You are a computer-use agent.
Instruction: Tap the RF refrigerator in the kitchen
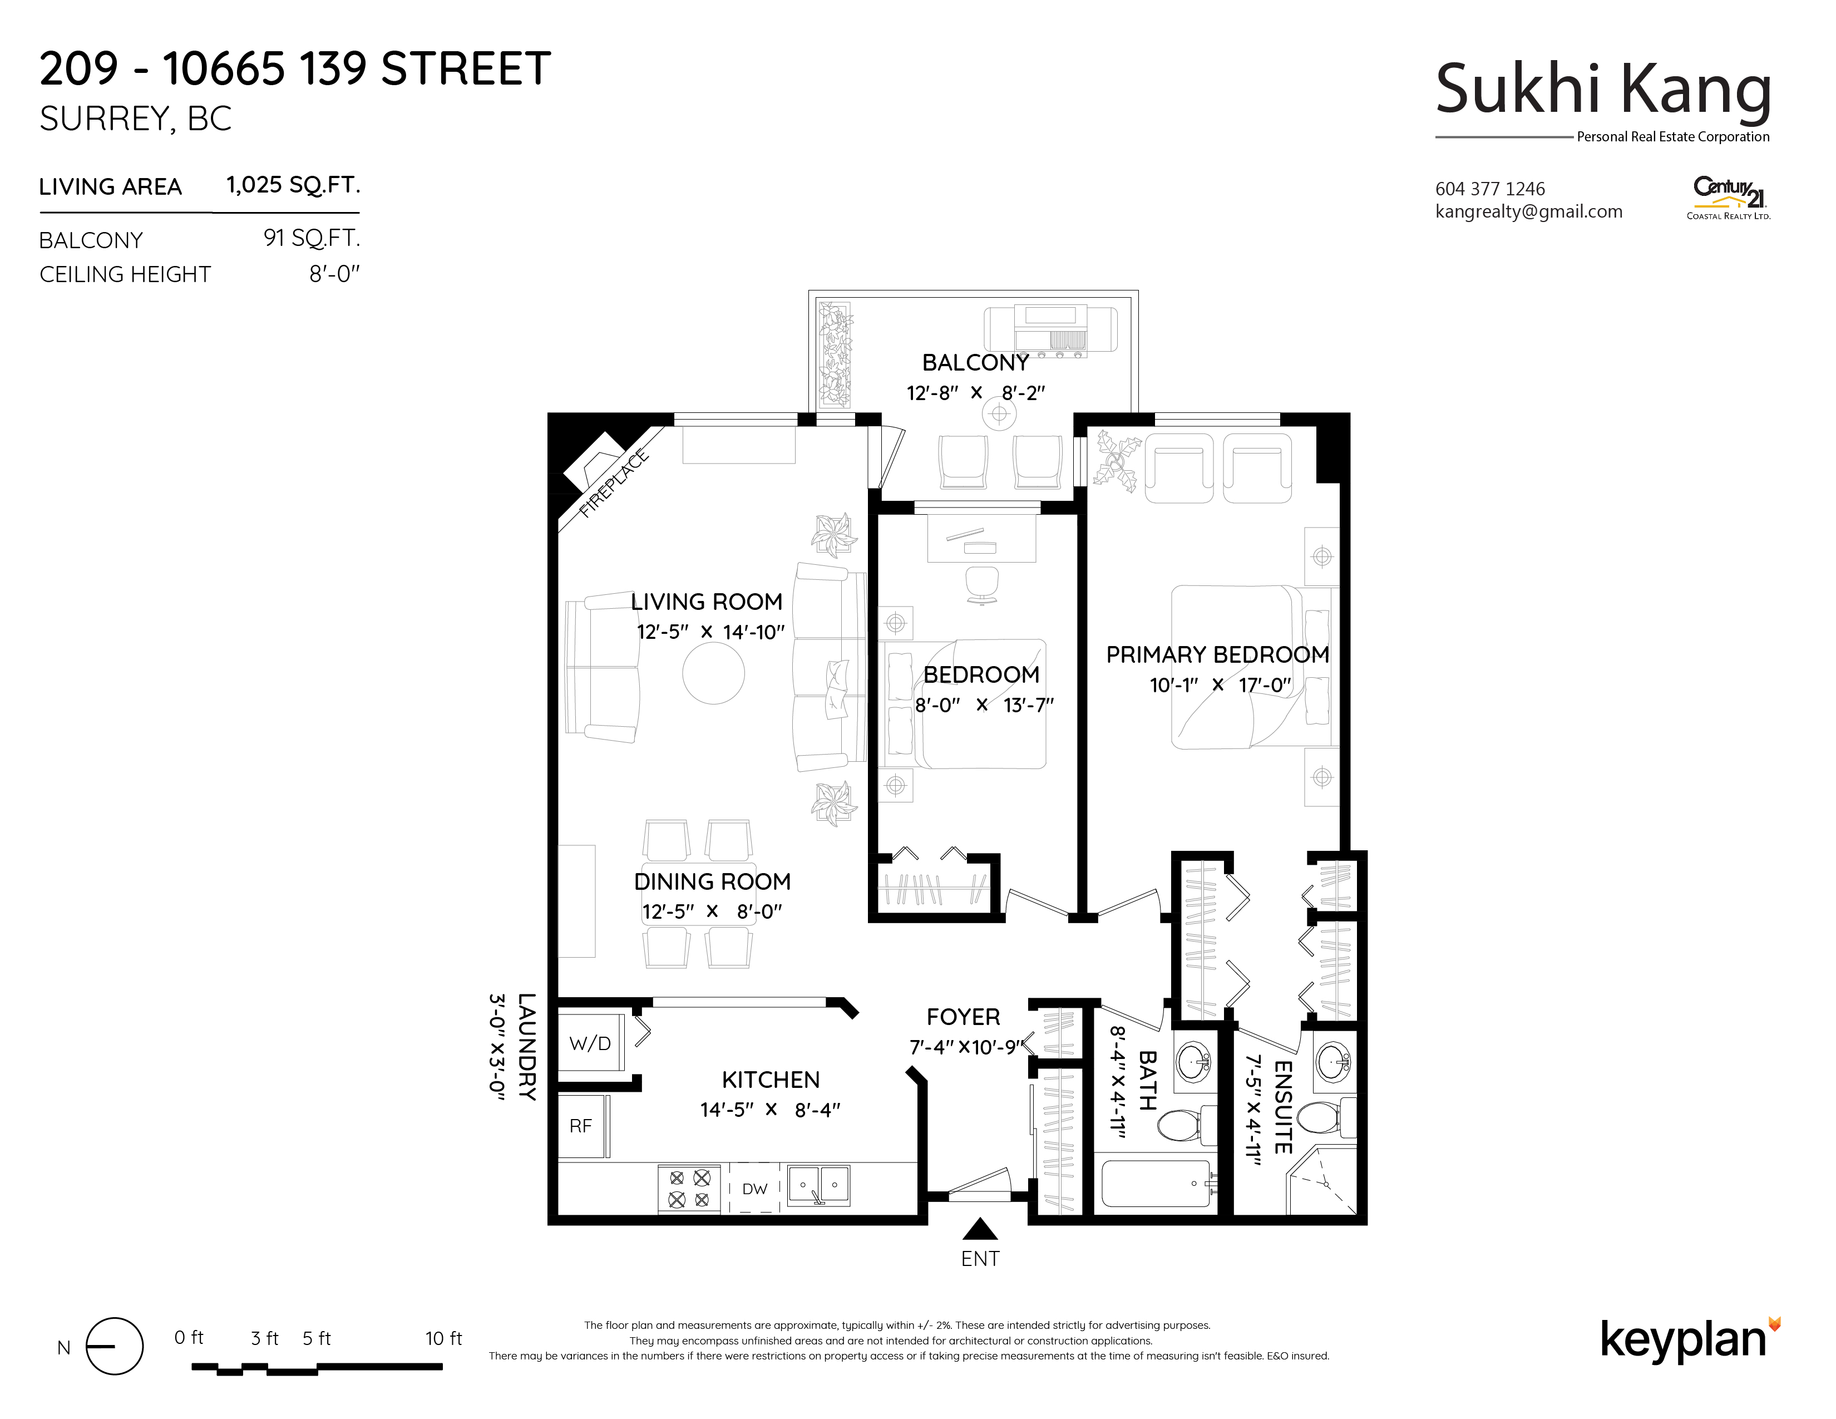click(x=583, y=1126)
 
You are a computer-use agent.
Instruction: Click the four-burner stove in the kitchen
click(x=689, y=1189)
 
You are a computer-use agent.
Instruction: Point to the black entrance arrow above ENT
click(x=980, y=1230)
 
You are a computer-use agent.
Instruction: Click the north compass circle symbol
click(x=114, y=1346)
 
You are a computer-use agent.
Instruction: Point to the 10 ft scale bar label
click(x=444, y=1338)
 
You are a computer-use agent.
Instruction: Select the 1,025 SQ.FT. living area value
click(x=293, y=185)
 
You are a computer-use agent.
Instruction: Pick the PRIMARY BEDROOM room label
click(x=1217, y=655)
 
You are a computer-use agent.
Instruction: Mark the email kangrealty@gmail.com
click(x=1529, y=212)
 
